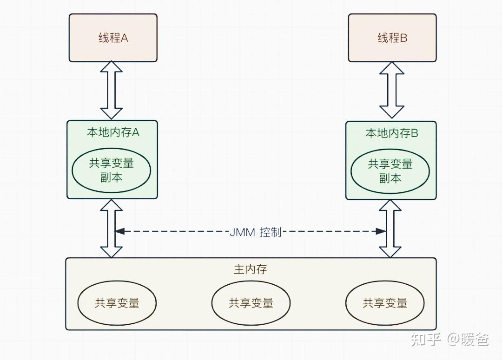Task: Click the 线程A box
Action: click(113, 38)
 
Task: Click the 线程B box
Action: click(392, 38)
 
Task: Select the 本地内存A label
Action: click(113, 132)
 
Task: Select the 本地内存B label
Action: click(392, 133)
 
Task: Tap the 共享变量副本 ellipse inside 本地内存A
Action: click(112, 170)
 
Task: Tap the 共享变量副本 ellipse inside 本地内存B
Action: click(390, 171)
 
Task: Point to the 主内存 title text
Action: click(251, 269)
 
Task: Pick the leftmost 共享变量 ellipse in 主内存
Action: click(117, 303)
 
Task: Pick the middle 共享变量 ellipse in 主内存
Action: click(251, 303)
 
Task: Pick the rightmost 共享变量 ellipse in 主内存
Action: click(385, 303)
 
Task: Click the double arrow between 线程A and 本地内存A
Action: click(112, 90)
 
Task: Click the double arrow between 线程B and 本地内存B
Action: click(391, 90)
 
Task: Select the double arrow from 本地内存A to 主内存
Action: click(112, 229)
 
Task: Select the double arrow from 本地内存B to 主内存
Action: click(390, 229)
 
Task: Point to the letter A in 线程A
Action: click(125, 38)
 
